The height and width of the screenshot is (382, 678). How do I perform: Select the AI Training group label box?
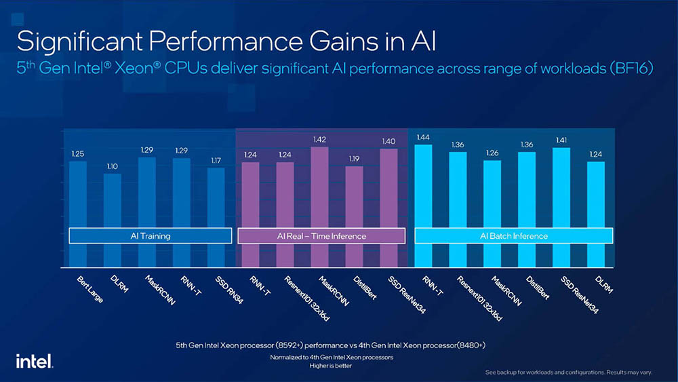tap(151, 236)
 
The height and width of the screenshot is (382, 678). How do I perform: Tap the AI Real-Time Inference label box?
tap(321, 236)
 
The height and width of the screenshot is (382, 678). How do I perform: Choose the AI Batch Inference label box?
tap(513, 236)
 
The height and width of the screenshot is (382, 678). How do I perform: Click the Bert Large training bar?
tap(78, 210)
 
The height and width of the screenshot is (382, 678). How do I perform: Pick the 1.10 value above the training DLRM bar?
tap(112, 166)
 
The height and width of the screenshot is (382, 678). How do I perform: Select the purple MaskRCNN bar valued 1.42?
tap(319, 204)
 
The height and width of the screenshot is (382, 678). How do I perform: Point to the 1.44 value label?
tap(423, 138)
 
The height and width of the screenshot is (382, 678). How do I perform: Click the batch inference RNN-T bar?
tap(423, 204)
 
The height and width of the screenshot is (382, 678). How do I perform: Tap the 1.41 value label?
tap(561, 140)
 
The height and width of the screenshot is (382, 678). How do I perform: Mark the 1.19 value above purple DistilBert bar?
tap(354, 159)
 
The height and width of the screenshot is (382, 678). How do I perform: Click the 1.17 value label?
tap(216, 161)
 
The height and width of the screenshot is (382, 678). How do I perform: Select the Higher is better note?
tap(332, 365)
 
